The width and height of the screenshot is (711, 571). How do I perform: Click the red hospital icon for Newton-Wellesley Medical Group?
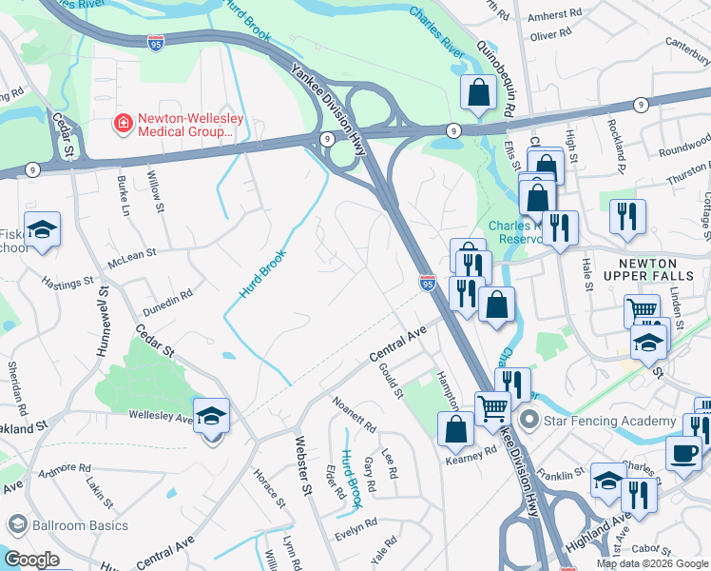[123, 124]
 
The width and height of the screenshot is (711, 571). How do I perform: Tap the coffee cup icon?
[682, 452]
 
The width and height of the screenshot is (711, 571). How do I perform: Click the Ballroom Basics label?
[69, 525]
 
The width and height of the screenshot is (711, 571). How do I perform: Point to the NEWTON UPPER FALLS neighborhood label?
[661, 270]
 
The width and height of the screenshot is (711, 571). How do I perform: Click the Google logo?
[30, 559]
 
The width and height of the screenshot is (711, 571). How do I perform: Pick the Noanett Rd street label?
[354, 413]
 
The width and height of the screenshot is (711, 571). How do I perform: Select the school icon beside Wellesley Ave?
[212, 416]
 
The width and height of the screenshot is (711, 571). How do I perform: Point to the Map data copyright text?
[651, 563]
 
